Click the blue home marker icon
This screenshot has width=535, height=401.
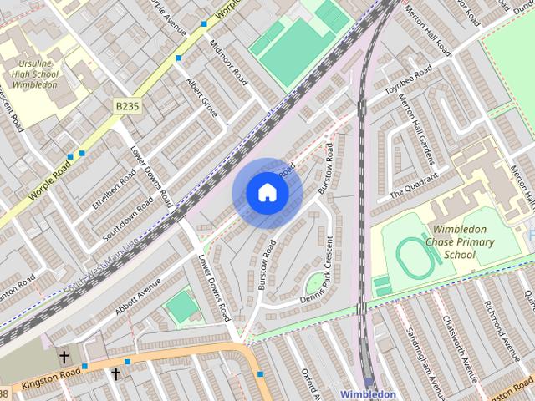(267, 193)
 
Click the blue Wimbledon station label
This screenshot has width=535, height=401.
(368, 393)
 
